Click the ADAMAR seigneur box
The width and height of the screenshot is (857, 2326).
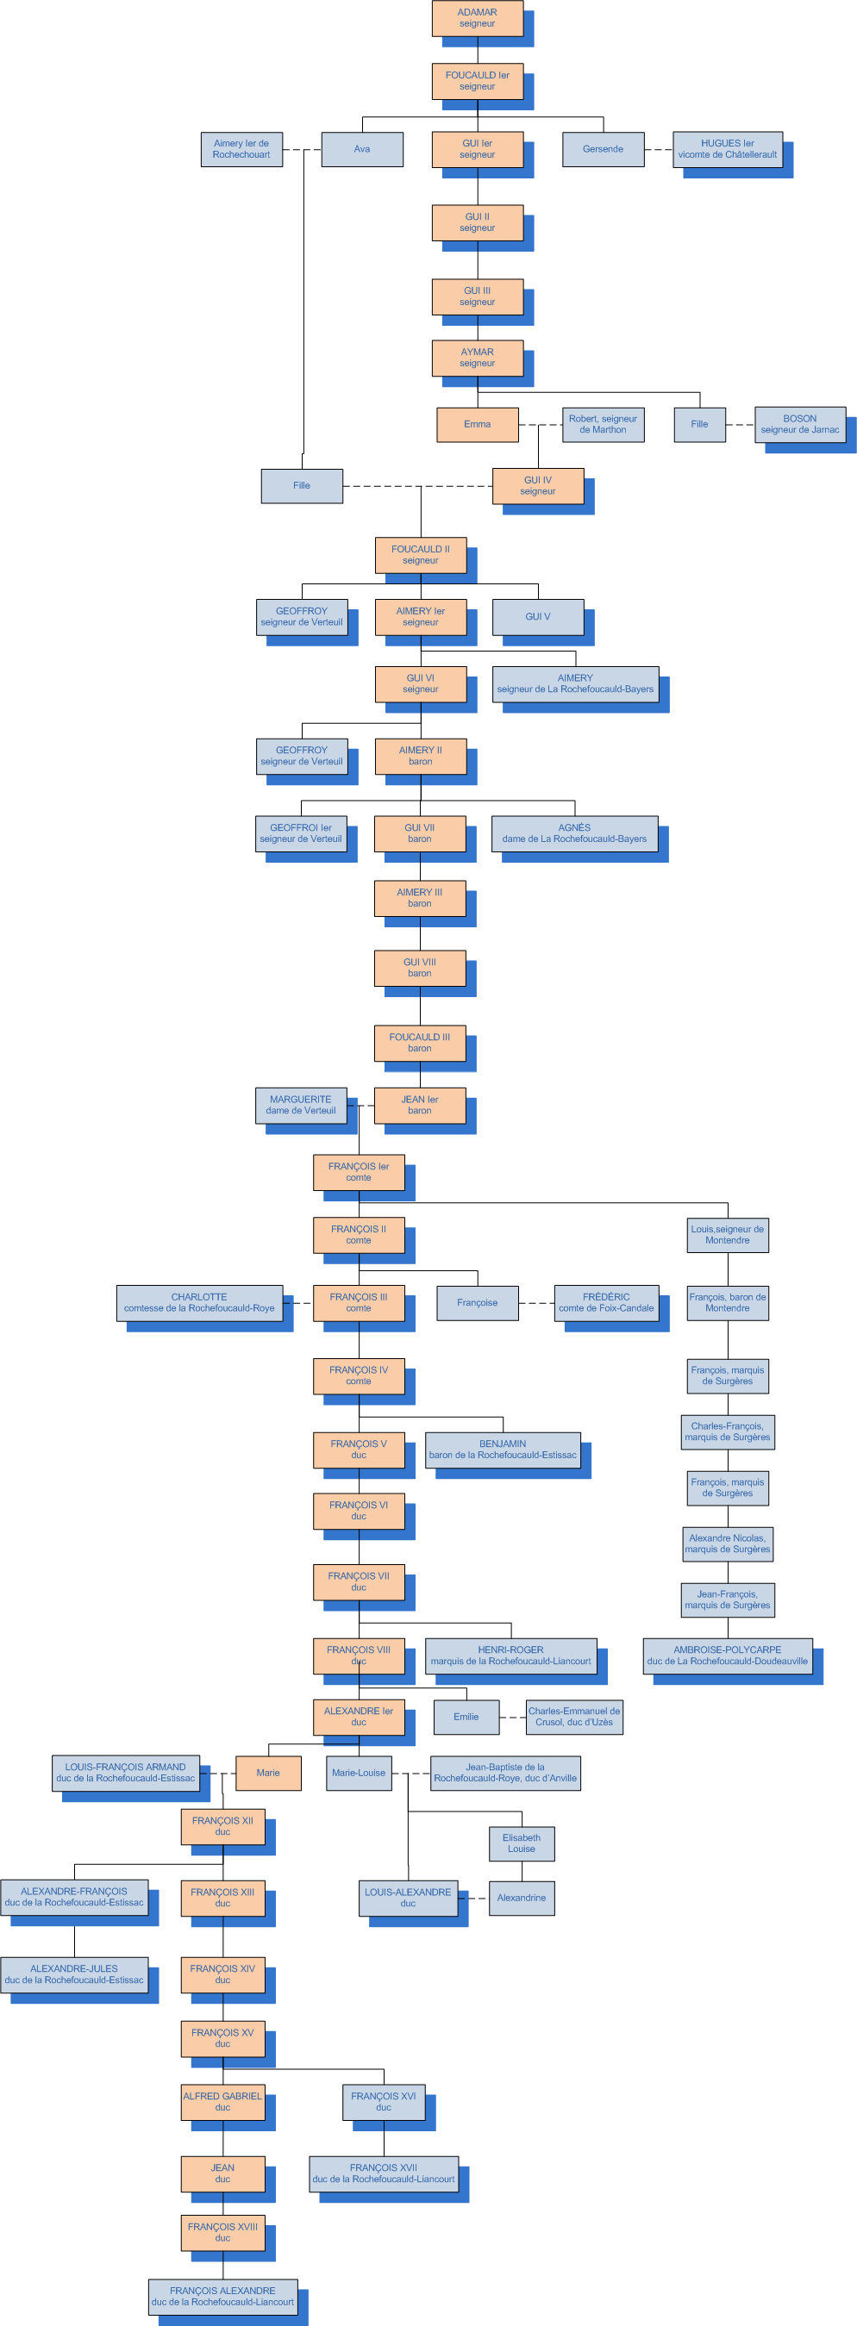477,18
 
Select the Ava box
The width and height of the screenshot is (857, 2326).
362,150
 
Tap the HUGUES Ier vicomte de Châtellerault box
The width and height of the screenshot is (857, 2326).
727,149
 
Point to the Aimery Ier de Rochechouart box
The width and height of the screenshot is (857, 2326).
241,149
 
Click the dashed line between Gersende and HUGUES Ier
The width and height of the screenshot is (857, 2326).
660,150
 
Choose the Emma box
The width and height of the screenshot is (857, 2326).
477,424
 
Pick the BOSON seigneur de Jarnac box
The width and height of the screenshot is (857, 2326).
799,424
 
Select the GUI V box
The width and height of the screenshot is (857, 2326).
537,617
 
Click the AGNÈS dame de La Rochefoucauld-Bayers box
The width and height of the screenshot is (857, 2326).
574,833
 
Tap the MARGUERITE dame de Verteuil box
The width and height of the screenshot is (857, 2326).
301,1105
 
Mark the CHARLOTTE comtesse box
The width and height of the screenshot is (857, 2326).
199,1303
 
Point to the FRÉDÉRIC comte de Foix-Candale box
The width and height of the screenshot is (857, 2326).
606,1303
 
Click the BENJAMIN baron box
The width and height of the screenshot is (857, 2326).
502,1450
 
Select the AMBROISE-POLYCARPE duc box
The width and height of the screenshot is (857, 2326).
727,1656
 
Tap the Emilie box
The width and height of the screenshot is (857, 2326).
466,1717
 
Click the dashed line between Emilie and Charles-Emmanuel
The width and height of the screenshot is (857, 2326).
512,1718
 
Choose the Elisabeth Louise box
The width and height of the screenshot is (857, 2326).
521,1843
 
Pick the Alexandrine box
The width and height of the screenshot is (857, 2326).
521,1897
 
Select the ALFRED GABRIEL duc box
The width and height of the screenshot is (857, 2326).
222,2101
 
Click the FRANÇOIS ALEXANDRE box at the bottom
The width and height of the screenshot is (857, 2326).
222,2296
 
